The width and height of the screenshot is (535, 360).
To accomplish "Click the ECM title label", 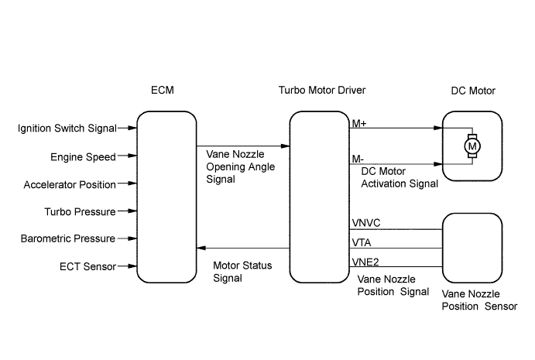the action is point(163,90).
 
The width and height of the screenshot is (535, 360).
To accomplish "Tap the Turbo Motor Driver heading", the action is point(322,90).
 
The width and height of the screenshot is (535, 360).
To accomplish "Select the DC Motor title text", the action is point(473,91).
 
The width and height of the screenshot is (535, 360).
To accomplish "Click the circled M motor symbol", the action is point(472,146).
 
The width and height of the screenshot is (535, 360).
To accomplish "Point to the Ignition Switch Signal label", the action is point(67,129).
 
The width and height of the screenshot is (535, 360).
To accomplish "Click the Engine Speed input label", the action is point(84,157).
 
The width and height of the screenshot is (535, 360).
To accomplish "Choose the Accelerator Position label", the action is point(70,184).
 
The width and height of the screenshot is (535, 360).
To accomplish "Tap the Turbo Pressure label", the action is point(81,211).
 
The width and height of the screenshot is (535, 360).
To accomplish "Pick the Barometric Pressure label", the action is point(68,238).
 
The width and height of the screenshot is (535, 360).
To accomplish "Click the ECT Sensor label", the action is point(87,266).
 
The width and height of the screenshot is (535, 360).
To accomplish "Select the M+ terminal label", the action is point(359,123).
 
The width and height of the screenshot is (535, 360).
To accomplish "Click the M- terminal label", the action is point(358,159).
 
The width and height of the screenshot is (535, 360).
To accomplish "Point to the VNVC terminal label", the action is point(366,223).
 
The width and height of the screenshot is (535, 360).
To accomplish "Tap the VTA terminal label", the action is point(362,242).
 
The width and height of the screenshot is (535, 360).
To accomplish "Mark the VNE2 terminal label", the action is point(365,262).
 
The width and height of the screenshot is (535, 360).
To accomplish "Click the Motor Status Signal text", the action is point(242,272).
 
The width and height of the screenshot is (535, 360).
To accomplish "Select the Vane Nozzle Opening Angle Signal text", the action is point(240,166).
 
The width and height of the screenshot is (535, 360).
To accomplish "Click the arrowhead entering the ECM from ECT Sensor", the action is point(132,266).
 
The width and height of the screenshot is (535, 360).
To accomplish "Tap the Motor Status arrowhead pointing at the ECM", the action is point(201,248).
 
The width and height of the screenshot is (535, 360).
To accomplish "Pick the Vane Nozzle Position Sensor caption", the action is point(479,300).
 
